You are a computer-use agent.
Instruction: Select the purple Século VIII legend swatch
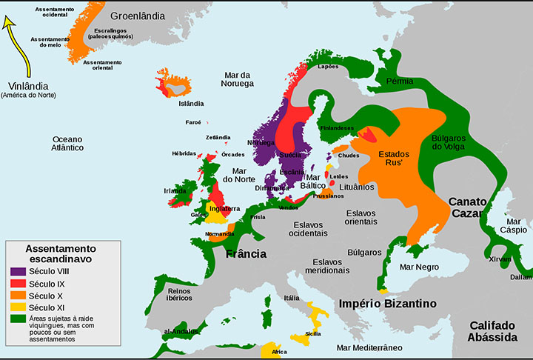17,272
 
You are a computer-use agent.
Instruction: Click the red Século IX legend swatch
17,284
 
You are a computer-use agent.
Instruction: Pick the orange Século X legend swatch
17,296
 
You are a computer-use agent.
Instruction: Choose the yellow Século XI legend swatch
17,307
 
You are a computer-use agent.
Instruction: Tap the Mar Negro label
419,267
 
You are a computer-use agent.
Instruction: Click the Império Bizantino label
388,304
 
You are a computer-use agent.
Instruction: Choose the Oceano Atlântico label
62,143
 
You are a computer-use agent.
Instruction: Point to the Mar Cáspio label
513,225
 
